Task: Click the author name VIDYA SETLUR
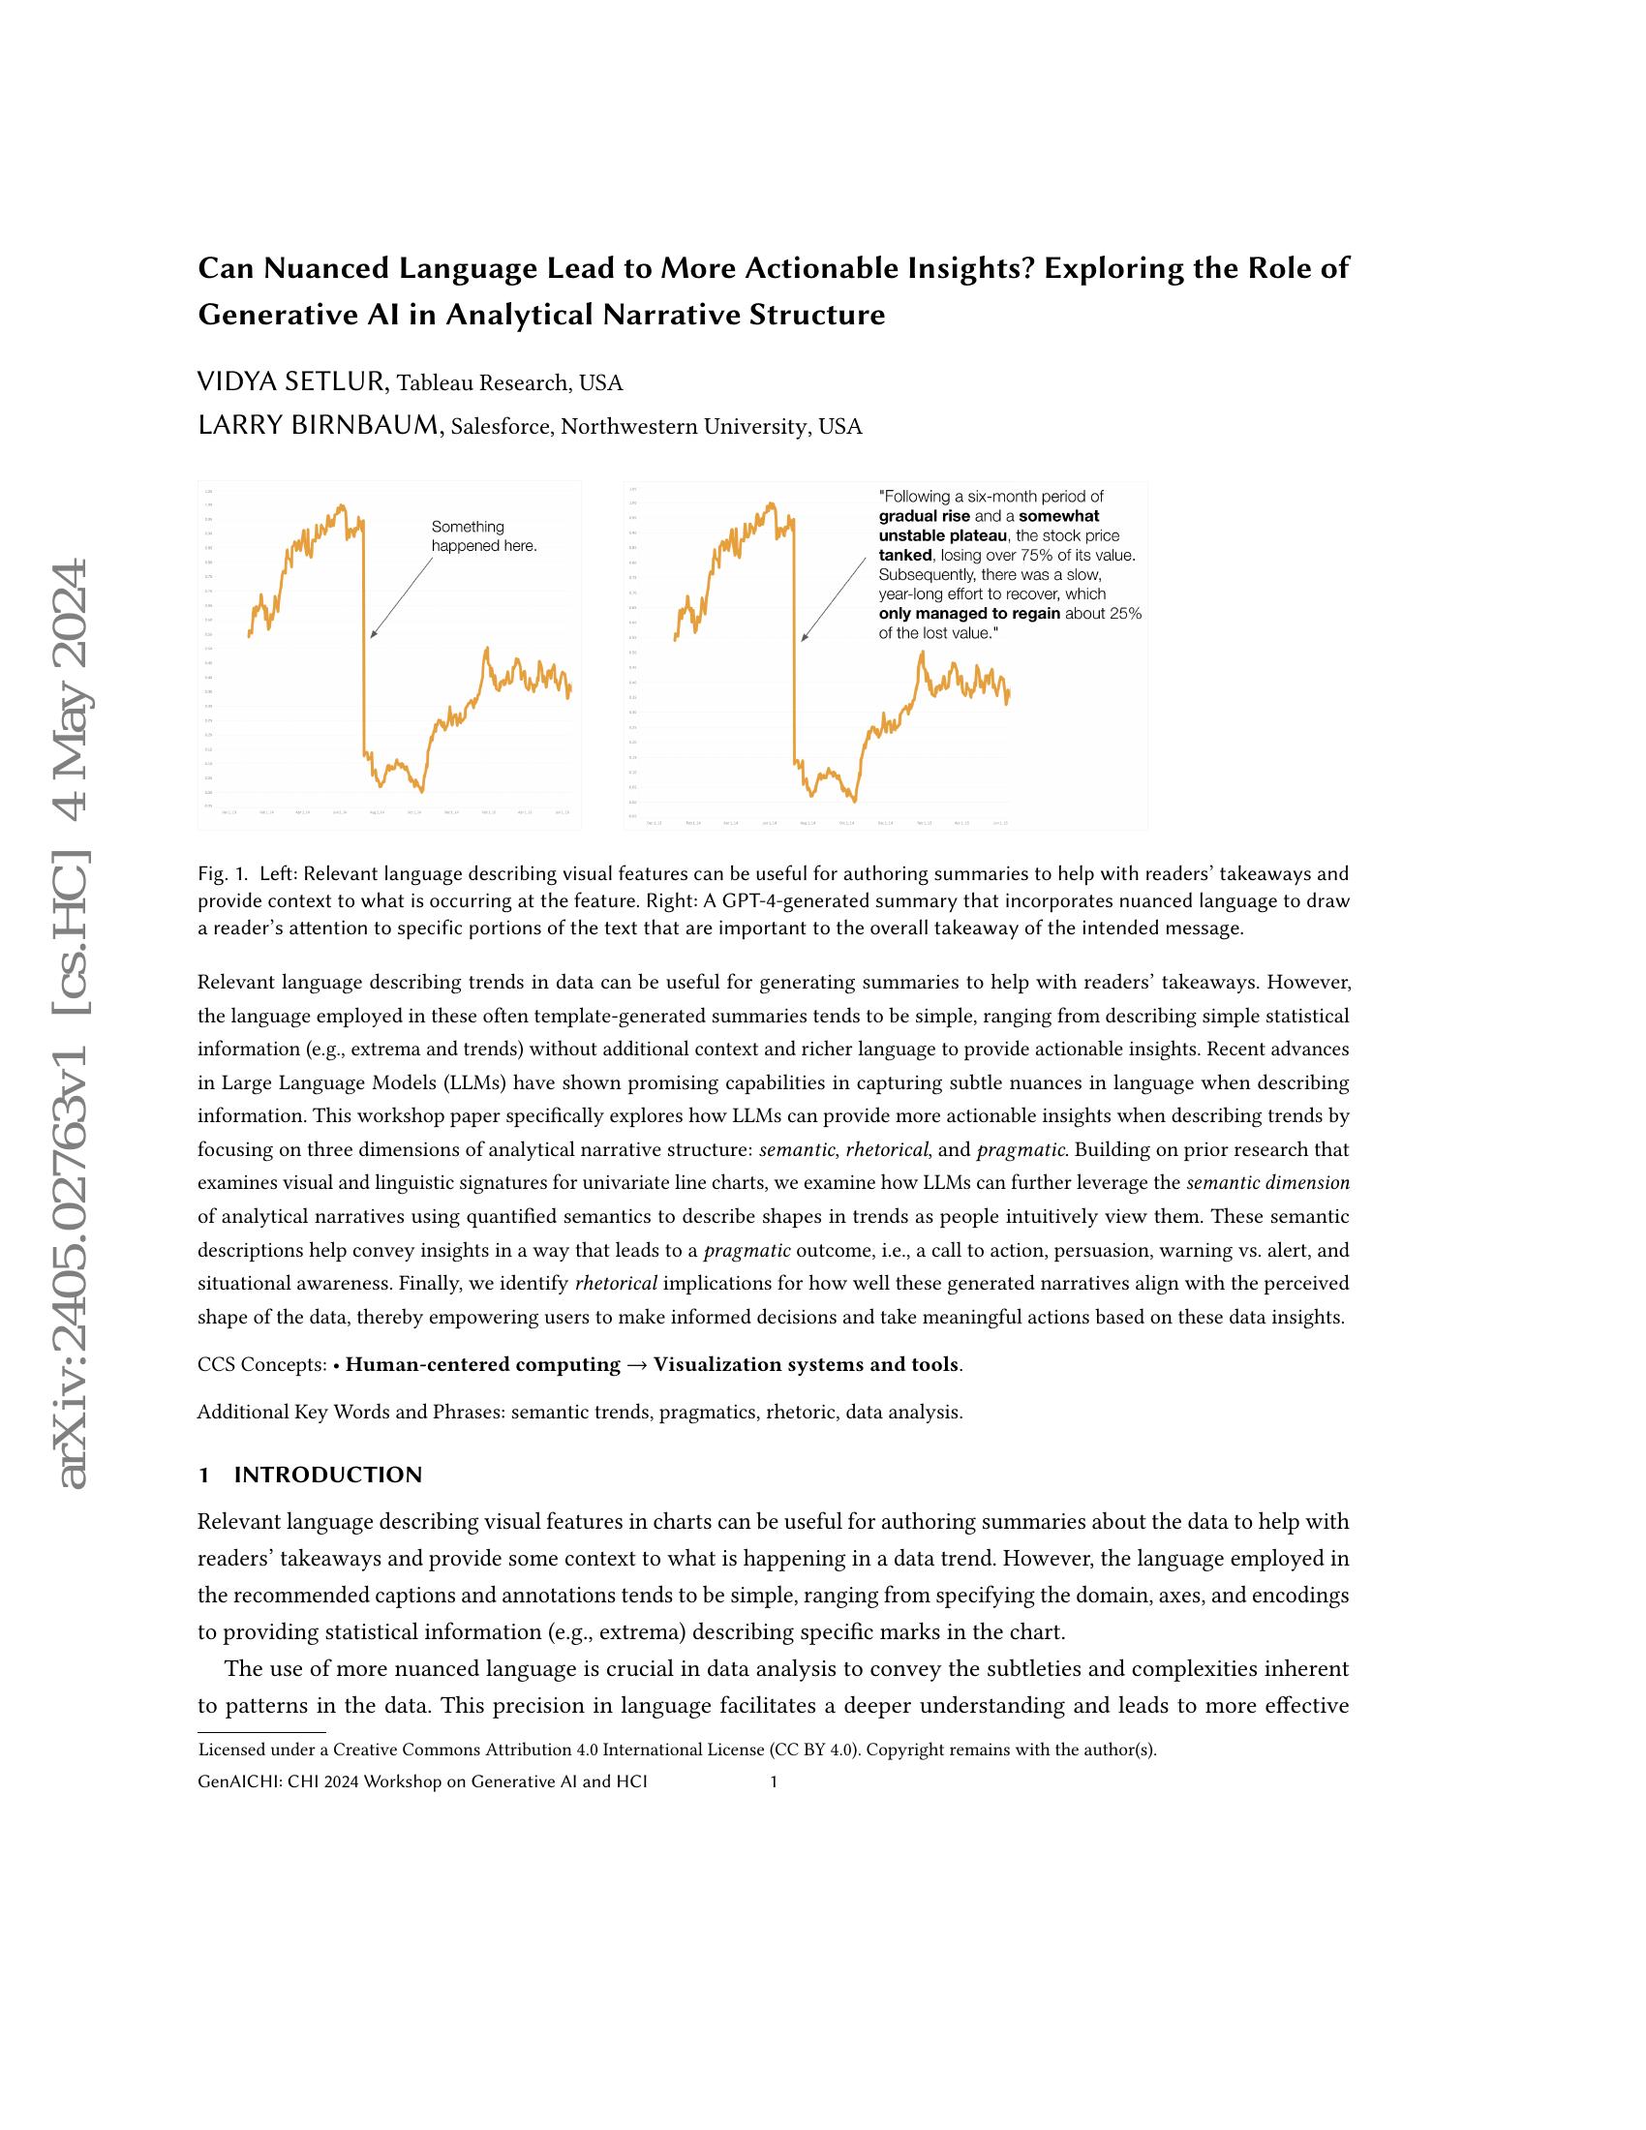pos(293,382)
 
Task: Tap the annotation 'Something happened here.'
pos(484,536)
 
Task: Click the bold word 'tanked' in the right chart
pos(906,555)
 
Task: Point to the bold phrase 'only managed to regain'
pos(969,614)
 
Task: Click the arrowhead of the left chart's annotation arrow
pos(373,637)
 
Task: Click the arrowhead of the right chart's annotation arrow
pos(804,639)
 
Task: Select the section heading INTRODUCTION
pos(327,1475)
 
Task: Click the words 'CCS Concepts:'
pos(261,1364)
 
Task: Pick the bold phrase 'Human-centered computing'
pos(483,1364)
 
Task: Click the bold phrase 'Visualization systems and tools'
pos(806,1364)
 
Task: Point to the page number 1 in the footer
pos(774,1781)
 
